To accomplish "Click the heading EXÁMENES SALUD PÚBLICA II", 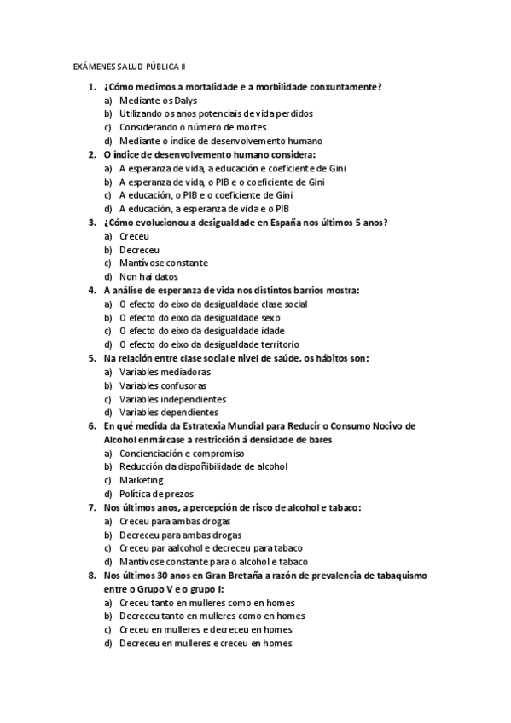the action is [128, 66].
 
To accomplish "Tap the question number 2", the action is [92, 154].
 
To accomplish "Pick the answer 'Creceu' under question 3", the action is [134, 236].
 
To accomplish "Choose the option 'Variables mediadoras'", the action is [165, 372].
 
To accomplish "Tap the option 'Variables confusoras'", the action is [163, 385].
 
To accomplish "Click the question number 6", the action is [92, 425].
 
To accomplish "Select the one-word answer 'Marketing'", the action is [142, 480].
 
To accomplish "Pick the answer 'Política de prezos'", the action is [156, 494].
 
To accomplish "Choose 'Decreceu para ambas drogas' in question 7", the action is [175, 535].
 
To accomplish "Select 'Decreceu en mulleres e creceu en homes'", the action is [206, 644].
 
